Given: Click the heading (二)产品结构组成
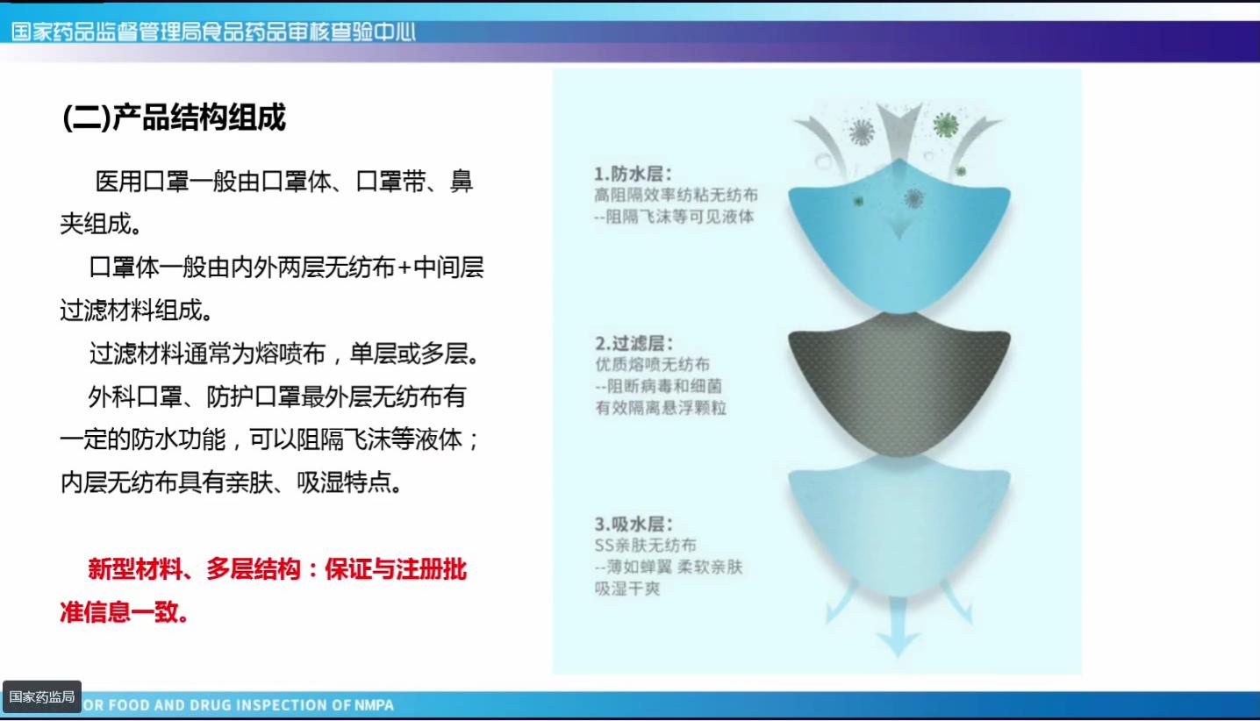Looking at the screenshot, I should [x=175, y=117].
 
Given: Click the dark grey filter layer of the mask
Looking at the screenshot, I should [x=898, y=386].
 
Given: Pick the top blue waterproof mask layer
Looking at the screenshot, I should [x=899, y=246].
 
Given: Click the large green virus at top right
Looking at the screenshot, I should [x=945, y=125].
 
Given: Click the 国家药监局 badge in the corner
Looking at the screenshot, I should [x=42, y=697].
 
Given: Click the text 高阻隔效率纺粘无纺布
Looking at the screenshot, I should [x=676, y=195].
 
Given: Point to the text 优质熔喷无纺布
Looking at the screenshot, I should [x=652, y=364].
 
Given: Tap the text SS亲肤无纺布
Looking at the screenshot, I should [x=645, y=546].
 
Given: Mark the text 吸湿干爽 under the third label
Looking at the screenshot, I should [x=627, y=588].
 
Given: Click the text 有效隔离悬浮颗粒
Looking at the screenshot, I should [x=661, y=407].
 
